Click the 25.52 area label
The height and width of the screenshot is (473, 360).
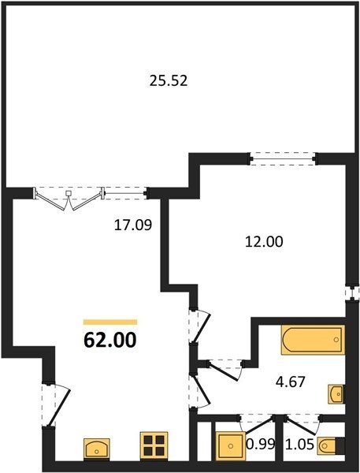click(169, 81)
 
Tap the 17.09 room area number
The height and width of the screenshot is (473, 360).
click(133, 225)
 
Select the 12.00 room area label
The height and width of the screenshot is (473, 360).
click(264, 242)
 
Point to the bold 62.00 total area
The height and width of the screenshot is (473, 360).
click(110, 340)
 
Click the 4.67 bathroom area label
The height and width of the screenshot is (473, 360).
click(291, 382)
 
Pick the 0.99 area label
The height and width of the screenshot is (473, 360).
click(261, 444)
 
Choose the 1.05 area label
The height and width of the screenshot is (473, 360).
click(299, 444)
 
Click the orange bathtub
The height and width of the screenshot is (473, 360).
click(313, 339)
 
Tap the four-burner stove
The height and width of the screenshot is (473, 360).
click(154, 445)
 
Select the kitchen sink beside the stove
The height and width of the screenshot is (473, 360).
click(97, 449)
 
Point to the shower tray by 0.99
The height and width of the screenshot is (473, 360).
click(231, 446)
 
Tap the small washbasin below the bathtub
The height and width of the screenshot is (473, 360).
click(336, 394)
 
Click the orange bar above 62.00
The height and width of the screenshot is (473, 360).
click(110, 322)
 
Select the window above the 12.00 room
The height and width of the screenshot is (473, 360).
click(283, 158)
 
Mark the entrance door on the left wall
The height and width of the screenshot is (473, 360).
click(56, 405)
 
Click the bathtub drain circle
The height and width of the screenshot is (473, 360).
click(336, 340)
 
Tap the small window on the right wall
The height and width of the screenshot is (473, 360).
click(352, 292)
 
